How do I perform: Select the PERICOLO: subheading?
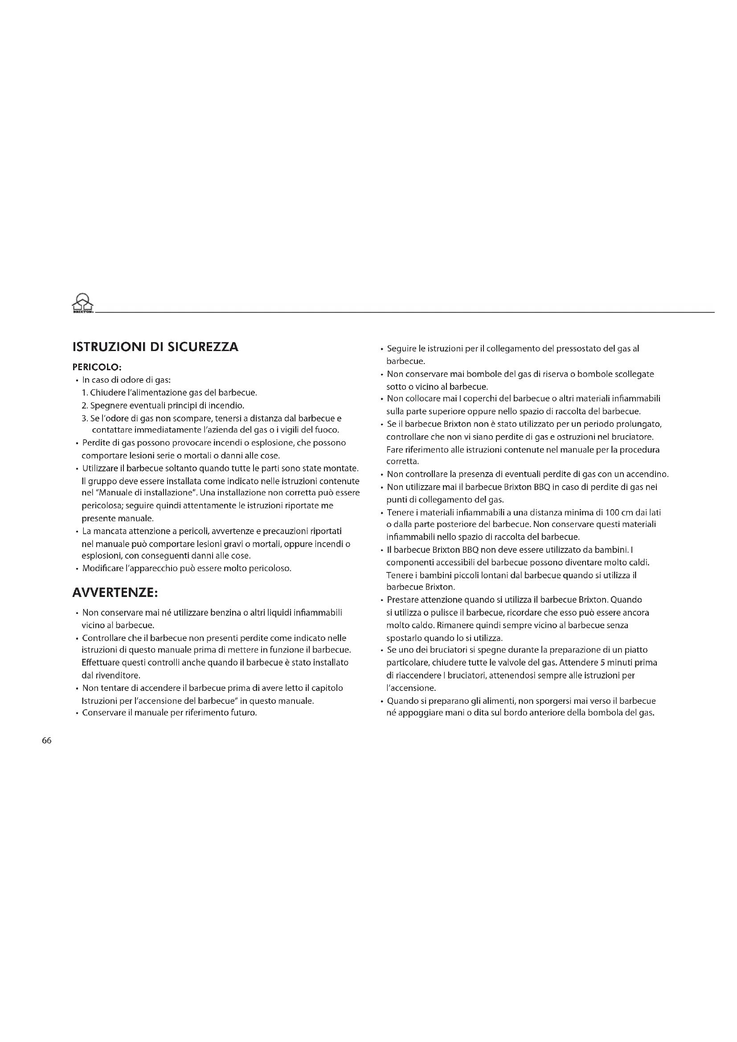pos(97,367)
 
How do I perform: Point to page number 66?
pos(47,741)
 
